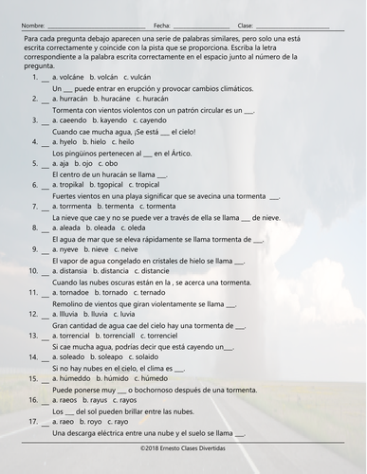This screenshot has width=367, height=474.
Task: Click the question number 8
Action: [34, 229]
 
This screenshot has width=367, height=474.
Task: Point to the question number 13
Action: [33, 338]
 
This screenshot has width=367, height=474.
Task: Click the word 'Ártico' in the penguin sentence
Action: [164, 154]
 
